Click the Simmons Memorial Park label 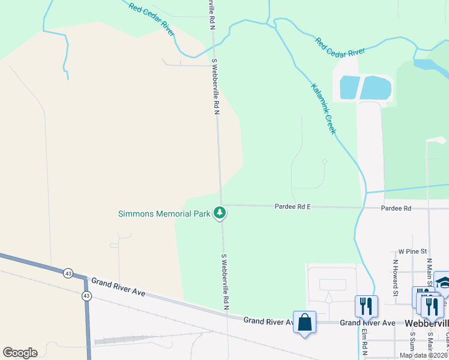[164, 213]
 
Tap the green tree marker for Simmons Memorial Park [220, 213]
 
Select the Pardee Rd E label [292, 206]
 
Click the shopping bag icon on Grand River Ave [305, 322]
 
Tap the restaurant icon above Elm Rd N [366, 307]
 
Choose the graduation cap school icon [444, 283]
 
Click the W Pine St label [412, 251]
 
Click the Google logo [20, 353]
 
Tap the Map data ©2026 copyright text [423, 355]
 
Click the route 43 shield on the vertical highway [86, 296]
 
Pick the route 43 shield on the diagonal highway [68, 274]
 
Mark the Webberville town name [426, 323]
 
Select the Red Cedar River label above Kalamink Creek [340, 48]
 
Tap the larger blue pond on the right [375, 88]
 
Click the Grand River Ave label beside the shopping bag [268, 322]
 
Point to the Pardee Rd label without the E [396, 208]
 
